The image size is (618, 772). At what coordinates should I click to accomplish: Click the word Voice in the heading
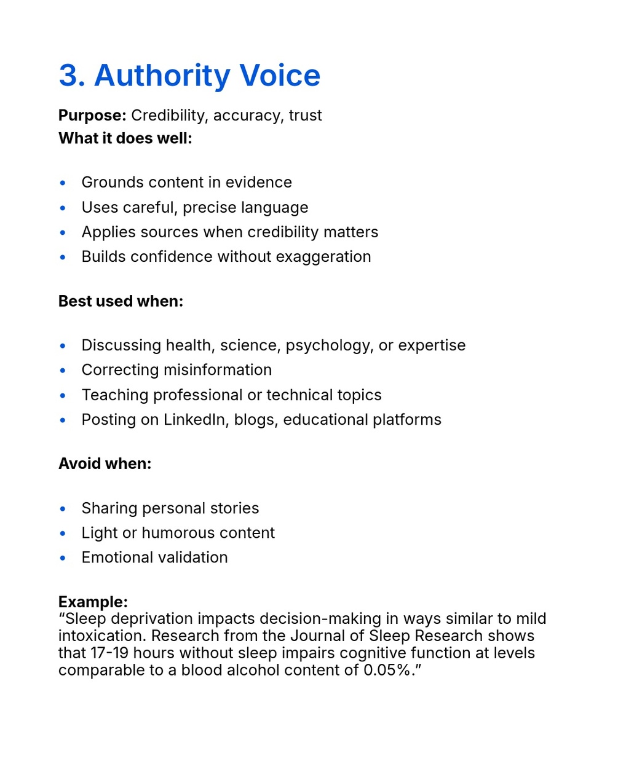pyautogui.click(x=280, y=76)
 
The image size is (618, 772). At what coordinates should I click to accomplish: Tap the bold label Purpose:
pyautogui.click(x=92, y=116)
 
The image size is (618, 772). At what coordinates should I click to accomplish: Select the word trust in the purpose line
pyautogui.click(x=305, y=116)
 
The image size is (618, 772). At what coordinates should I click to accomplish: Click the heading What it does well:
pyautogui.click(x=125, y=138)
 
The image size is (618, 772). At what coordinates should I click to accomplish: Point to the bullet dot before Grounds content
pyautogui.click(x=63, y=183)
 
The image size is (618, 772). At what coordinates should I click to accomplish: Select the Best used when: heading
pyautogui.click(x=121, y=301)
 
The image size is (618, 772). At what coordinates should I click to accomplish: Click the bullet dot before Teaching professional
pyautogui.click(x=63, y=396)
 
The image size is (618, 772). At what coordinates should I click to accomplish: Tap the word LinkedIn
pyautogui.click(x=194, y=420)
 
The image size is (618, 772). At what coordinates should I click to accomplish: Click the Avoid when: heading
pyautogui.click(x=105, y=463)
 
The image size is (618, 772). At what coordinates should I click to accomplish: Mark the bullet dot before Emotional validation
pyautogui.click(x=63, y=558)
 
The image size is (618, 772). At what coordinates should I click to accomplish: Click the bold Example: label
pyautogui.click(x=93, y=602)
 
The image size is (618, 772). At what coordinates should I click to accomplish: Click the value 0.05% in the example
pyautogui.click(x=387, y=670)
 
